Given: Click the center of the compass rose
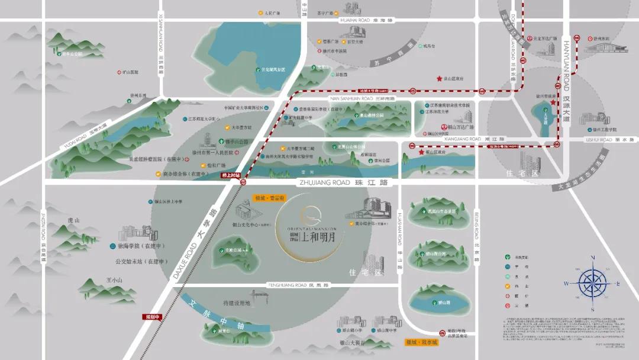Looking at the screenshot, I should [x=593, y=282].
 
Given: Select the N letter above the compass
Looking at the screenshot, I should [x=593, y=258].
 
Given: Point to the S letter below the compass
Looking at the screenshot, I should [x=592, y=310].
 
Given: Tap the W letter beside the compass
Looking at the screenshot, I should [x=566, y=283].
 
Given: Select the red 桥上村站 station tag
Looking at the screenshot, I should [x=230, y=175].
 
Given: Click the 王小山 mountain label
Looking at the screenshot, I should [x=114, y=279].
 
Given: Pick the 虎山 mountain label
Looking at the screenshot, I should [x=73, y=220].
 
